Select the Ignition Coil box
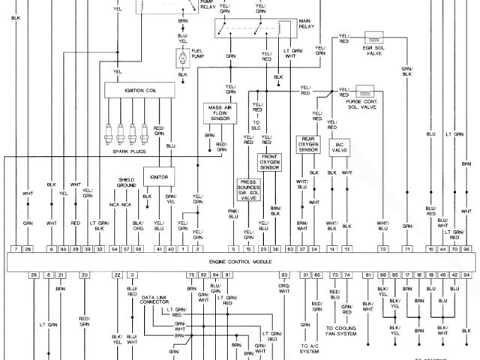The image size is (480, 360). [x=139, y=90]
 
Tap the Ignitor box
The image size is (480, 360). [x=159, y=177]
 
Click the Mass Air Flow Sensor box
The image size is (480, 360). [x=218, y=113]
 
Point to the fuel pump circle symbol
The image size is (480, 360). [x=181, y=56]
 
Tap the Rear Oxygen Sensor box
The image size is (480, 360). [x=308, y=145]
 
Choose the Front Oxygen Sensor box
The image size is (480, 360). [x=269, y=162]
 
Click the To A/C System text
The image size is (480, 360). [x=309, y=348]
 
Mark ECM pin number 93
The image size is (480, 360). [x=285, y=275]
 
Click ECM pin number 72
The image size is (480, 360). [x=382, y=248]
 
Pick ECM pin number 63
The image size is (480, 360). [x=289, y=248]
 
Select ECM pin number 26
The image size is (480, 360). [x=34, y=275]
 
